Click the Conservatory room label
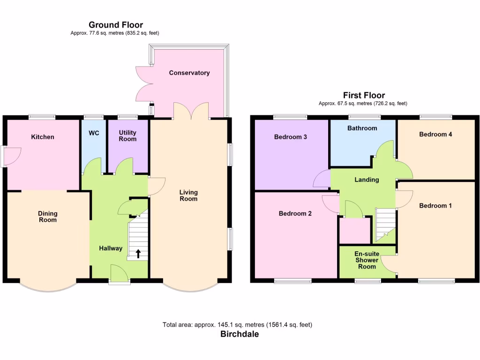[189, 73]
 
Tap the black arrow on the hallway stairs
[138, 254]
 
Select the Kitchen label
[43, 137]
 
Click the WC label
[94, 133]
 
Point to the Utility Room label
[127, 136]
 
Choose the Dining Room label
[48, 217]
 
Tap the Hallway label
[111, 248]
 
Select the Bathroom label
[362, 128]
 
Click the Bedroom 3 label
[291, 137]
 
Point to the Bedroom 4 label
[435, 135]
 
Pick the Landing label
[367, 180]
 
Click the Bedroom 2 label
[295, 214]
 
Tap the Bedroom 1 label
[435, 206]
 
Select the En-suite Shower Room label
[367, 260]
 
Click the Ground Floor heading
[116, 25]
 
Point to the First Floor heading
[364, 95]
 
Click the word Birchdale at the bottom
[240, 334]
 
